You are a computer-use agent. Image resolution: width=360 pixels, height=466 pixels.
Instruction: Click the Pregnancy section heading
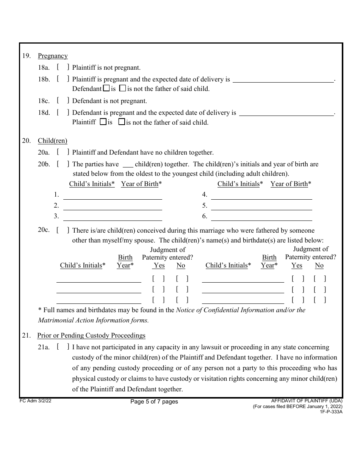click(x=53, y=56)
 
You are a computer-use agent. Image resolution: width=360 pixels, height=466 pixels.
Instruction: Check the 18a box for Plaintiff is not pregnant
click(x=63, y=68)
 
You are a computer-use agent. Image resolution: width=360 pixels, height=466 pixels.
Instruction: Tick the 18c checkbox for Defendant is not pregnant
click(x=63, y=101)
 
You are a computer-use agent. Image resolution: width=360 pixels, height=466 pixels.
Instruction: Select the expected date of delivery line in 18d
click(x=286, y=113)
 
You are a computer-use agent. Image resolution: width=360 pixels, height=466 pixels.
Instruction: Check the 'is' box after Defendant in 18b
click(x=106, y=89)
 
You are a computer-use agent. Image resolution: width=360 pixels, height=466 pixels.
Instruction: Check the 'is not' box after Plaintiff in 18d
click(x=122, y=122)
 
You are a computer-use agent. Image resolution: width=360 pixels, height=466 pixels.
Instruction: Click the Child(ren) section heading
click(x=52, y=141)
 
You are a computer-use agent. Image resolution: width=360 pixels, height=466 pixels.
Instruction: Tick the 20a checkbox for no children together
click(x=63, y=152)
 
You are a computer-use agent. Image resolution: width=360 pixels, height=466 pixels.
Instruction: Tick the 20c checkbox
click(x=63, y=230)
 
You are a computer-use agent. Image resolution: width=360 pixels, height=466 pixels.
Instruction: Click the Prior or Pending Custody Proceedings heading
click(x=91, y=336)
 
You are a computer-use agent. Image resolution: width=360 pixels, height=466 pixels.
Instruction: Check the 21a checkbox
click(x=63, y=347)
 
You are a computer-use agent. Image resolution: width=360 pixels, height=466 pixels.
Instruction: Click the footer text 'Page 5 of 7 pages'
click(x=154, y=402)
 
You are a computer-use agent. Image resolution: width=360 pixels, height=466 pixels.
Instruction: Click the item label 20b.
click(x=44, y=164)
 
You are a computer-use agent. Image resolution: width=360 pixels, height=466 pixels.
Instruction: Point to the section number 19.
click(x=26, y=56)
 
